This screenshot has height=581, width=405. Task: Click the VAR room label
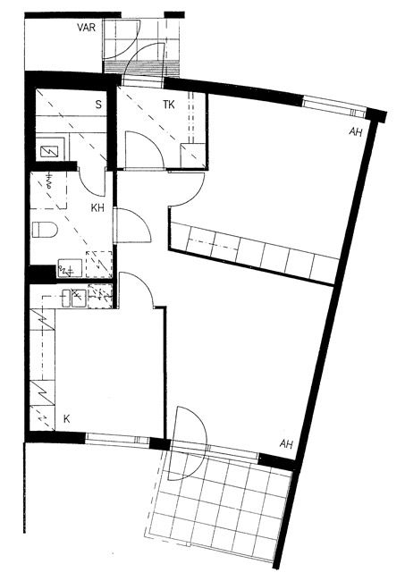86,28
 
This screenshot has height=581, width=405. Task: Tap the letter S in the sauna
98,105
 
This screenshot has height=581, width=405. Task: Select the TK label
169,105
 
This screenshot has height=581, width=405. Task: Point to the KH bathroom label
97,208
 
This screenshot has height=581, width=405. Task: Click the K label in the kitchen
67,419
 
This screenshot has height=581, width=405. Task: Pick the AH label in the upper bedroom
355,132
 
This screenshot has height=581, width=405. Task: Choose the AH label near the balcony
286,443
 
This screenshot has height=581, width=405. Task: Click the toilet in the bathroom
45,230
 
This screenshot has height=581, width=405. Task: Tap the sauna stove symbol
49,151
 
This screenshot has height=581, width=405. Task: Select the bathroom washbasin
70,267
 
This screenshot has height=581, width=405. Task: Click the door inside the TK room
145,149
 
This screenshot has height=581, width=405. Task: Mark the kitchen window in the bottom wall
117,439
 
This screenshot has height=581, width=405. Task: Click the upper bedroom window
334,105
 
